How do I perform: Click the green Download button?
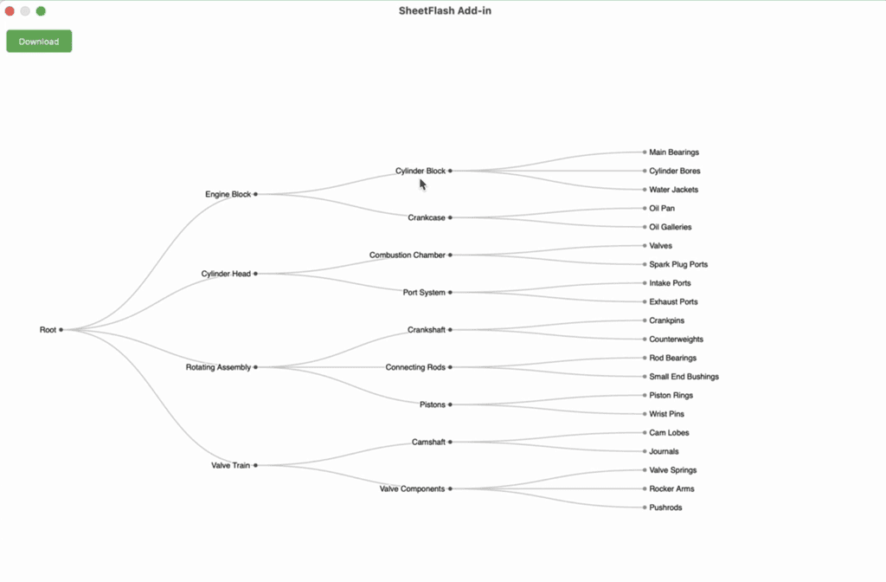pyautogui.click(x=39, y=42)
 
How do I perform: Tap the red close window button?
pyautogui.click(x=10, y=11)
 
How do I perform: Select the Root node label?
pyautogui.click(x=48, y=330)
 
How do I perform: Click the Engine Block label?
pyautogui.click(x=228, y=195)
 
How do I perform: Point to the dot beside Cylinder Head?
pyautogui.click(x=256, y=274)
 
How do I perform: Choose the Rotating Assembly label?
pyautogui.click(x=218, y=367)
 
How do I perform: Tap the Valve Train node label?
pyautogui.click(x=230, y=466)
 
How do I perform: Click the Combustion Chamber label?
pyautogui.click(x=407, y=255)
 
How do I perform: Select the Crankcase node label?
pyautogui.click(x=426, y=218)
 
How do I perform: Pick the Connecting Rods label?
pyautogui.click(x=415, y=367)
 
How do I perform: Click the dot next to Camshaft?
pyautogui.click(x=451, y=442)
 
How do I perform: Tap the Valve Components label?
pyautogui.click(x=412, y=489)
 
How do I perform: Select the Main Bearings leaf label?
pyautogui.click(x=674, y=152)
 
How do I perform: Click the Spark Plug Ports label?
pyautogui.click(x=678, y=265)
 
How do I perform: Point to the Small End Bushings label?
pyautogui.click(x=684, y=377)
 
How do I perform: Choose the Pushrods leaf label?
pyautogui.click(x=665, y=508)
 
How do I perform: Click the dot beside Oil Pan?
pyautogui.click(x=645, y=209)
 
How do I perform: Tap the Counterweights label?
pyautogui.click(x=676, y=339)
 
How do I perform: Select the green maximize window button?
pyautogui.click(x=41, y=11)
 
